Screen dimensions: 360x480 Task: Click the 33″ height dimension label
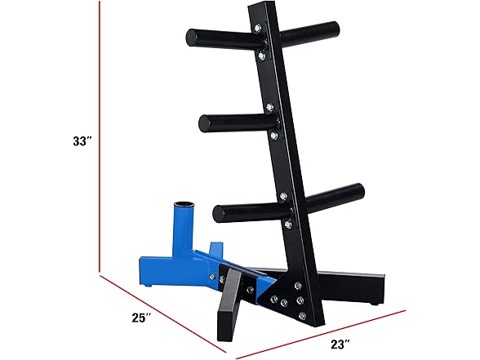point(82,140)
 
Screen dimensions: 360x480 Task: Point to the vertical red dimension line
point(100,139)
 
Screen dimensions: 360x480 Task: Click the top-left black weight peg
point(216,38)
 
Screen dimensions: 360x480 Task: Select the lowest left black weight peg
point(245,211)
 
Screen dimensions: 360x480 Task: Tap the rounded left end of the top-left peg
point(190,37)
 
